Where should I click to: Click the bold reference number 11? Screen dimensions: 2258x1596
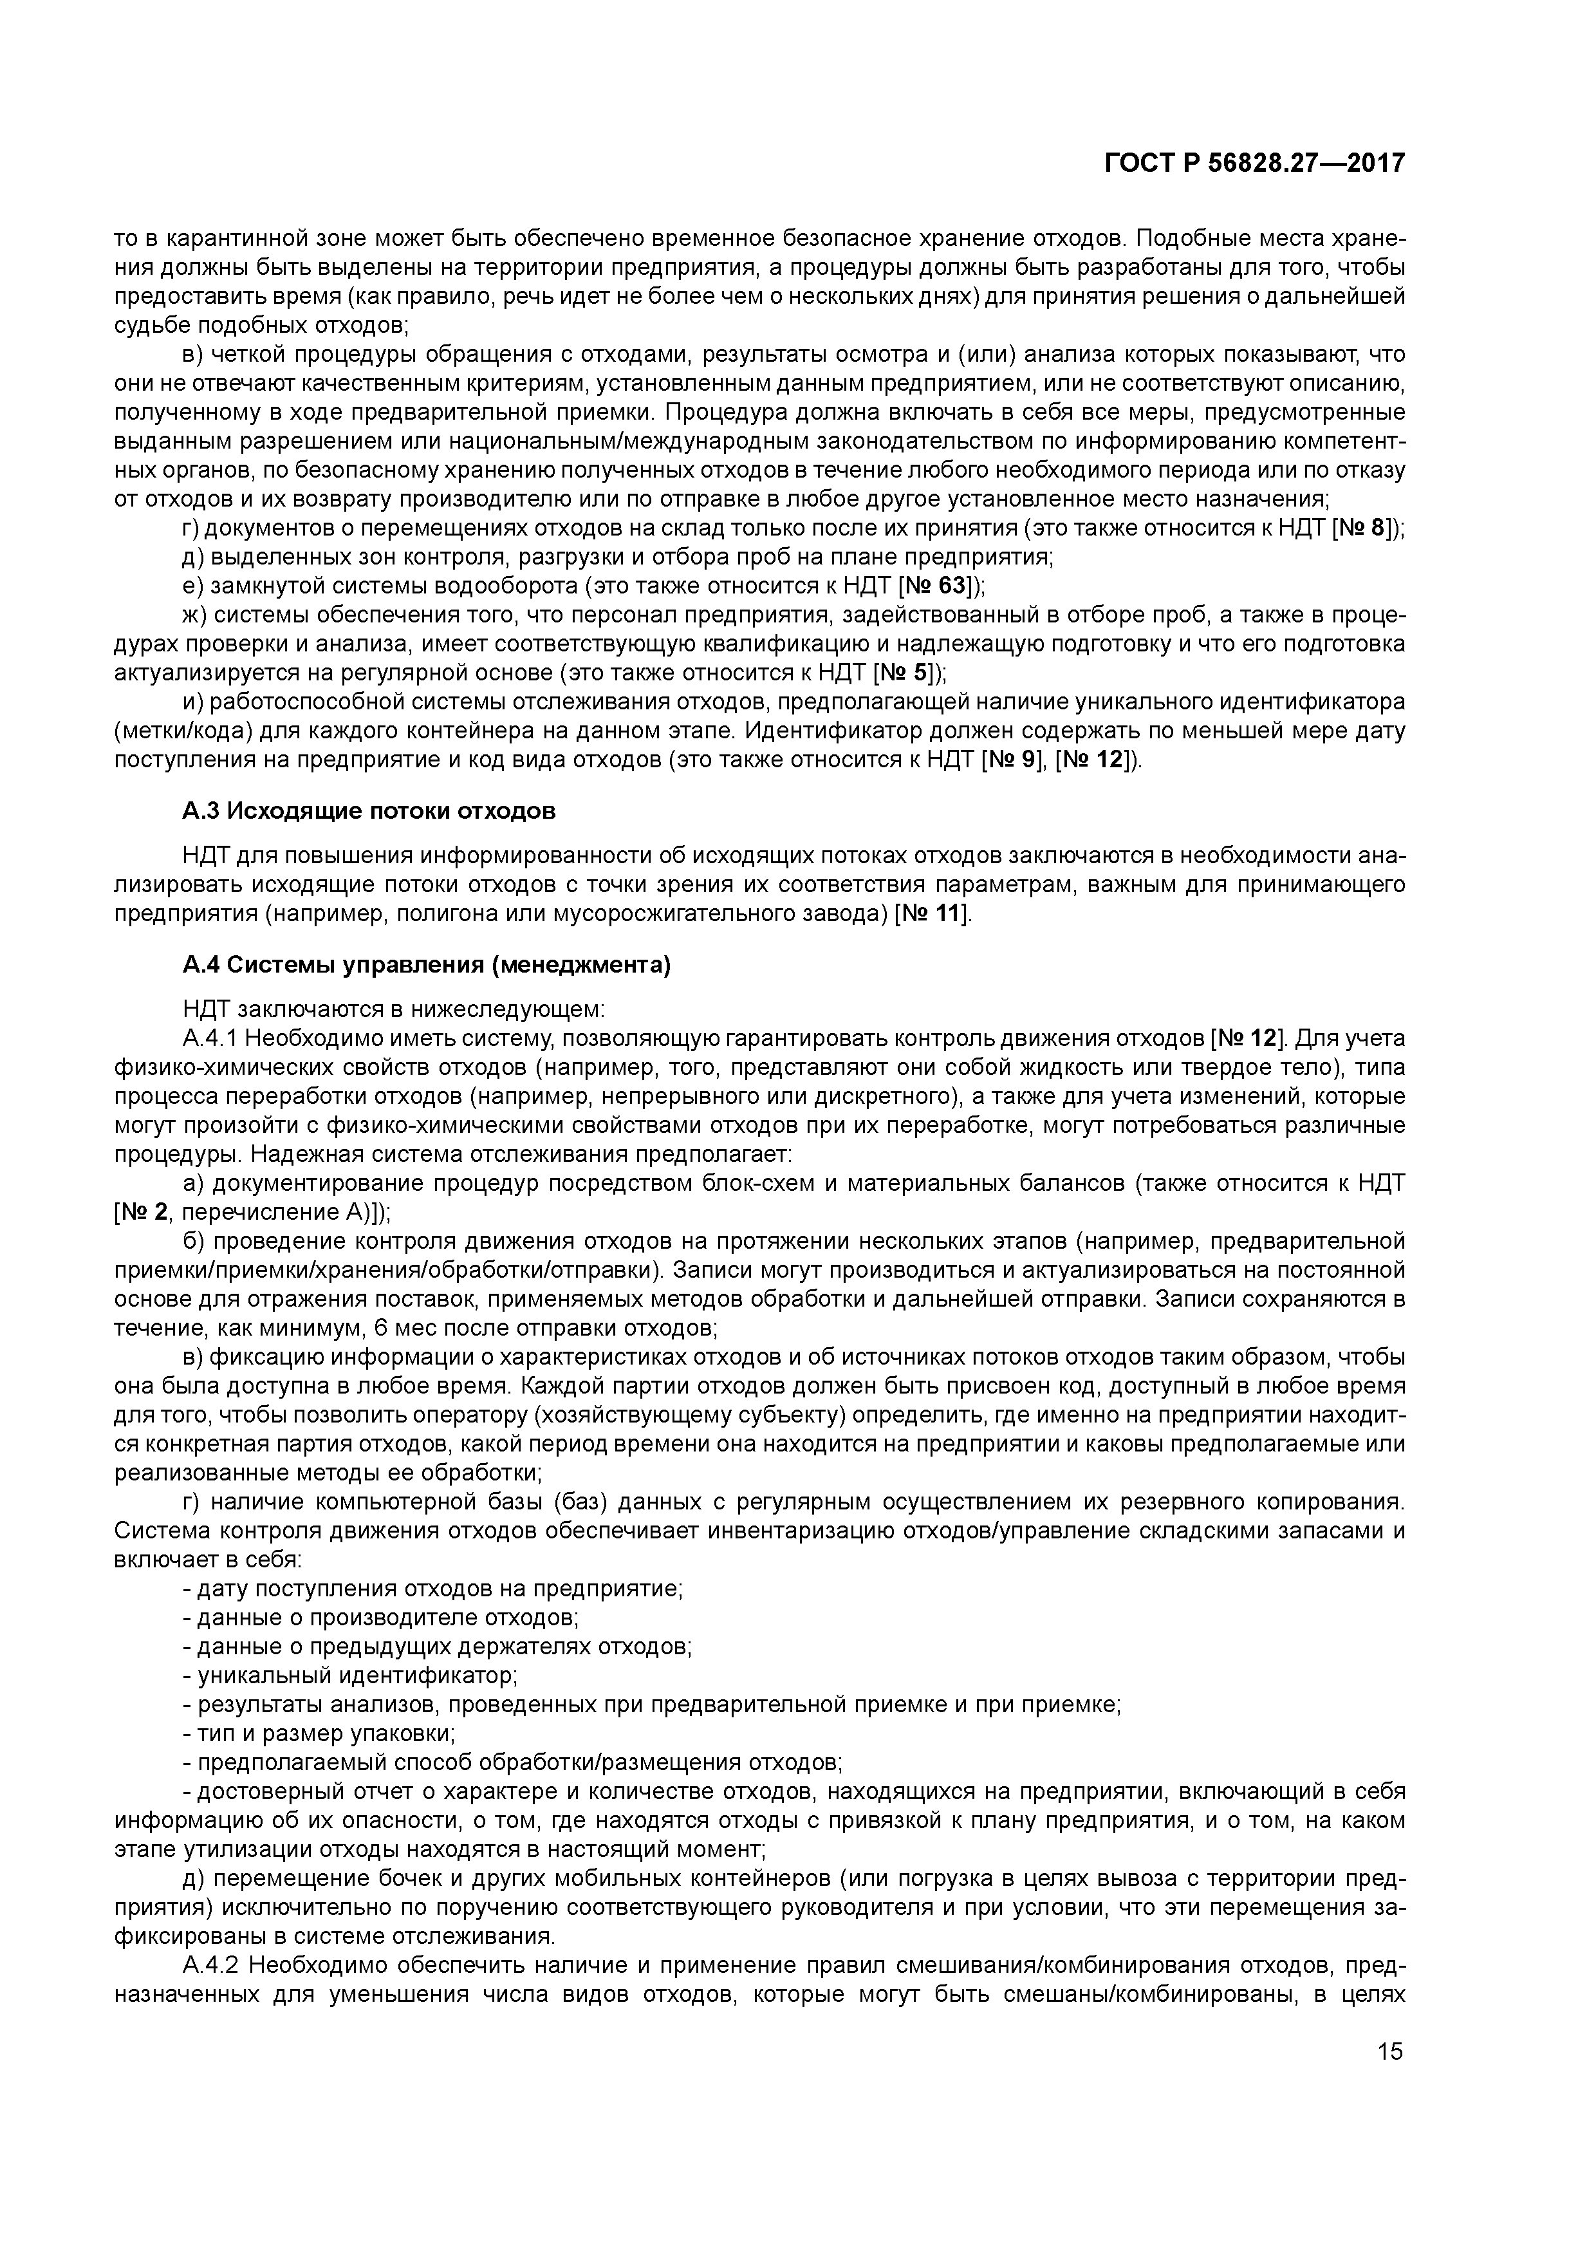point(946,913)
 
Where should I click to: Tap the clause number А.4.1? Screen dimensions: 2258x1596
point(209,1038)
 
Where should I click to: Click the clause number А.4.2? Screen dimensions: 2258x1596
point(209,1966)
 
